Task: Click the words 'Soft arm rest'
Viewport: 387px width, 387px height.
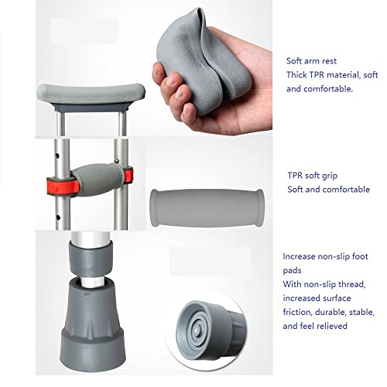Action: (x=313, y=60)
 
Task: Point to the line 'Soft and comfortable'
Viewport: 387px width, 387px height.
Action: (x=328, y=190)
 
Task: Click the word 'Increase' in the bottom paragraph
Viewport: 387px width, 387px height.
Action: (x=301, y=255)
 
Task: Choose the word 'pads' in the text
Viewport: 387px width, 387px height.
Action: (x=293, y=270)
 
